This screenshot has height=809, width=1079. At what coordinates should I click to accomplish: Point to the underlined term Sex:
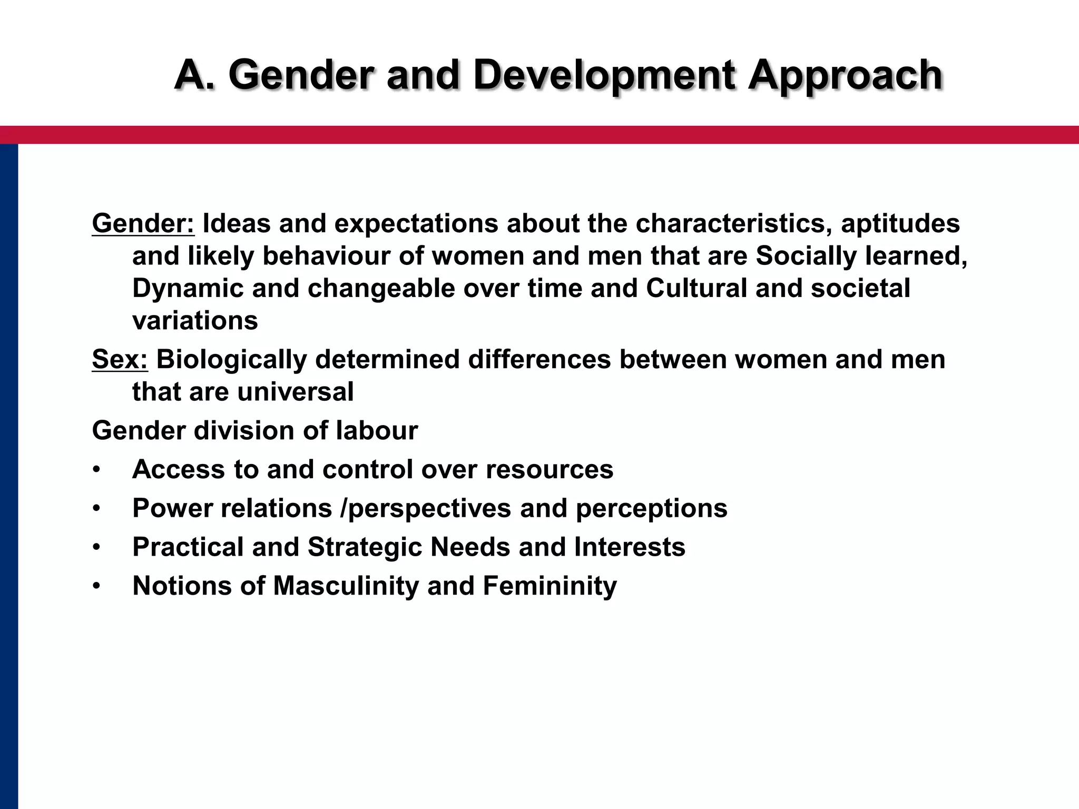[x=120, y=360]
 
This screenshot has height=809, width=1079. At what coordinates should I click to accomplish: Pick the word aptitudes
[x=900, y=223]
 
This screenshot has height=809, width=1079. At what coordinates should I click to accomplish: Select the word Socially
[x=807, y=256]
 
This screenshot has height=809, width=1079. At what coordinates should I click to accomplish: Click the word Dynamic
[x=188, y=289]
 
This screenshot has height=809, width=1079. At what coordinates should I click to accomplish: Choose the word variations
[x=195, y=321]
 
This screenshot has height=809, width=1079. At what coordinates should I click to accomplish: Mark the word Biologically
[x=232, y=360]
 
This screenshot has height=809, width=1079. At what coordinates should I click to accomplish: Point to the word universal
[x=296, y=392]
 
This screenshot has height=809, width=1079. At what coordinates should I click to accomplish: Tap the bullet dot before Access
[x=96, y=470]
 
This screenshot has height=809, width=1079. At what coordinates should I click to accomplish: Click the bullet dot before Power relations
[x=96, y=509]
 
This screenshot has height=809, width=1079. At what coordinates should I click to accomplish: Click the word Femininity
[x=550, y=586]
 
